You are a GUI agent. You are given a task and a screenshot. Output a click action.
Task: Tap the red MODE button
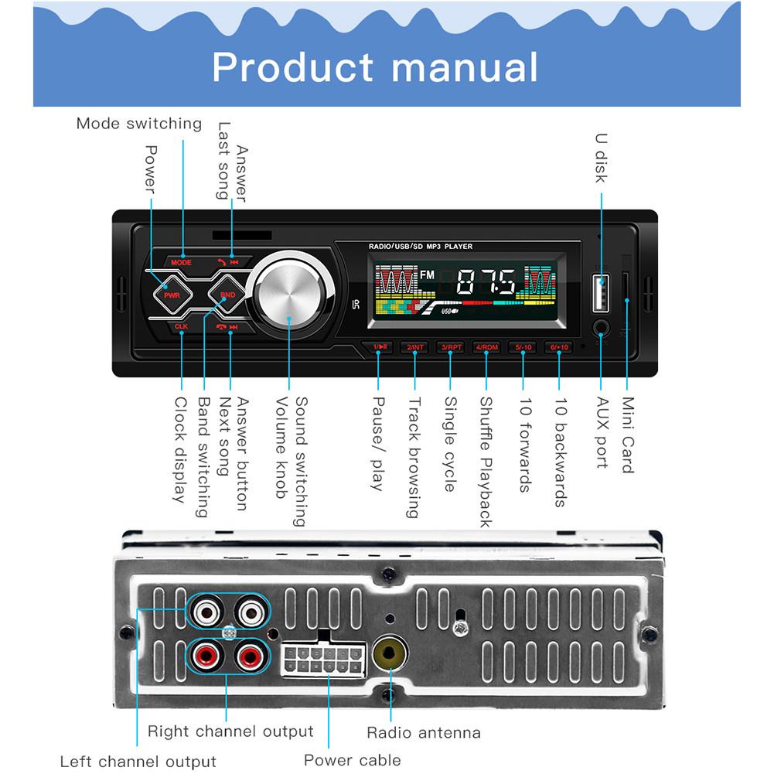pos(181,262)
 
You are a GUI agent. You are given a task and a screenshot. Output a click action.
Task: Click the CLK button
pos(181,327)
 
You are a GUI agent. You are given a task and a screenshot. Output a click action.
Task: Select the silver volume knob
pos(288,295)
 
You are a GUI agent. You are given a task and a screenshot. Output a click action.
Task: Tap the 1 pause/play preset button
pos(380,348)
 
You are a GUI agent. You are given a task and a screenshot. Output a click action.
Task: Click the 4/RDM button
pos(487,348)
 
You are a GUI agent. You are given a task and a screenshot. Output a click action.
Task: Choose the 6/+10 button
pos(559,348)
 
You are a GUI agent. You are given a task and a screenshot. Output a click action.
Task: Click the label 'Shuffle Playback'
pos(486,462)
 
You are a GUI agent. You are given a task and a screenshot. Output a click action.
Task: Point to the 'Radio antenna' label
pos(423,732)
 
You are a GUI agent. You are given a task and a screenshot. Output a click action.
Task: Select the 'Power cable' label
pos(352,759)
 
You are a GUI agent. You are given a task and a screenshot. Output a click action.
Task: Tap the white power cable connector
pos(322,659)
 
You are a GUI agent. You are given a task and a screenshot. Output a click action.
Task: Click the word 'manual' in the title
pos(465,66)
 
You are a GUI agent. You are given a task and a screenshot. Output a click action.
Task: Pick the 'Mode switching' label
pos(138,123)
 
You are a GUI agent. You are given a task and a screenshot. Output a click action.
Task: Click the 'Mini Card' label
pos(628,435)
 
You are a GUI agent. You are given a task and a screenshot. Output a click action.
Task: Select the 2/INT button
pos(415,348)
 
